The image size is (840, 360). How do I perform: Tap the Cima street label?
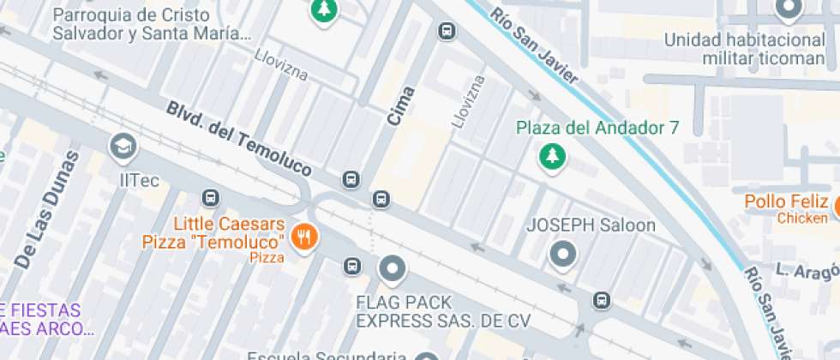tap(401, 106)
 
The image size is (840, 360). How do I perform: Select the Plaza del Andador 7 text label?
tap(597, 129)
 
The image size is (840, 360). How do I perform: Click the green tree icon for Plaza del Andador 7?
tap(553, 156)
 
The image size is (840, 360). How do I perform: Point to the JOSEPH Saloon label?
tap(591, 226)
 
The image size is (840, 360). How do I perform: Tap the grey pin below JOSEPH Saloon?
tap(563, 255)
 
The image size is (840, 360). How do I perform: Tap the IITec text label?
tap(139, 180)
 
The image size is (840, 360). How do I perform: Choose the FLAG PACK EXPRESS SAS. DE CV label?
tap(443, 312)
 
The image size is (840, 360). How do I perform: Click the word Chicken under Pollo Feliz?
tap(802, 219)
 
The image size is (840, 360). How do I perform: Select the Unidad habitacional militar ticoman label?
tap(744, 49)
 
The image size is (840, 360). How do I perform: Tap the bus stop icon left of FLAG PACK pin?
tap(351, 266)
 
